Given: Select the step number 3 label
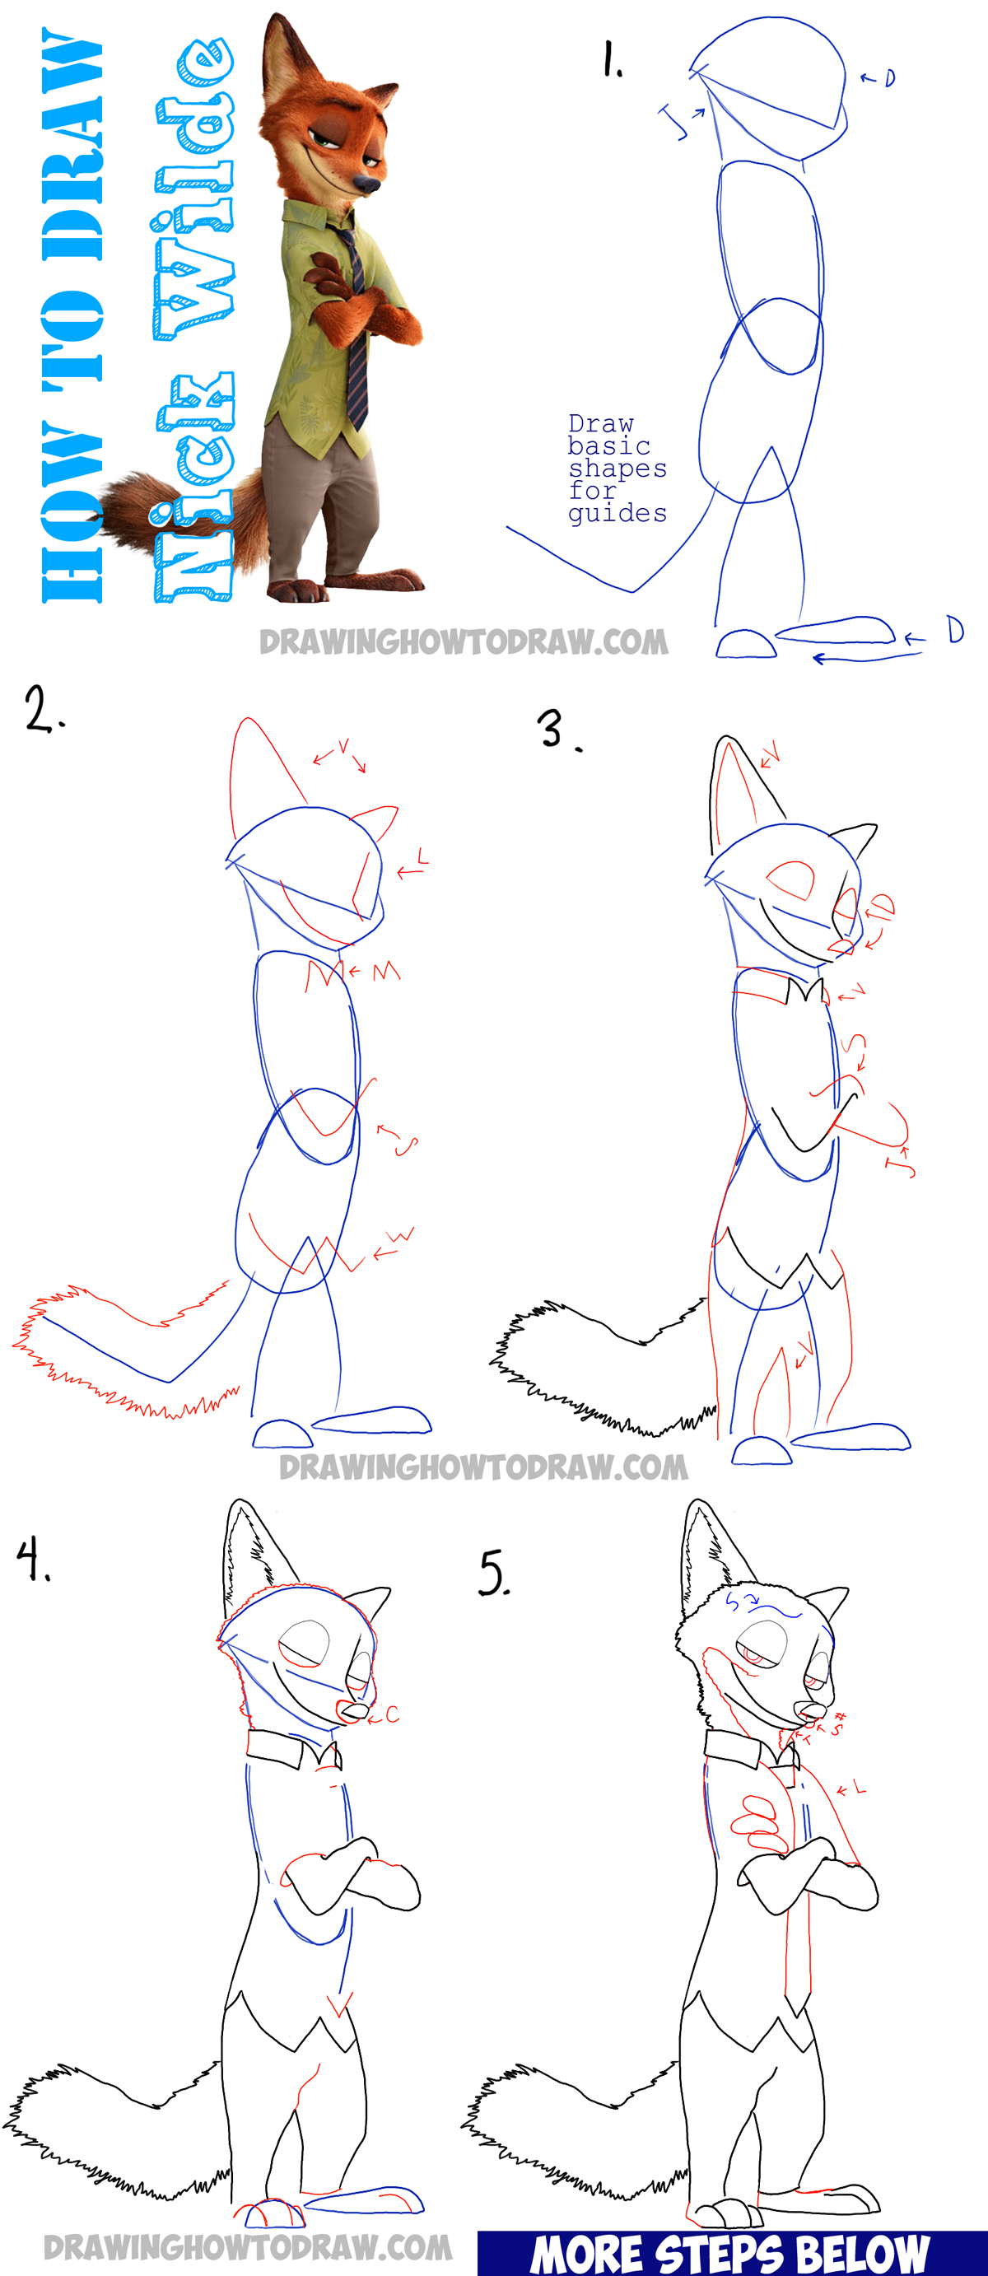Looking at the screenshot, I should point(557,730).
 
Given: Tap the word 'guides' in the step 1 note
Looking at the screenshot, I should point(617,513).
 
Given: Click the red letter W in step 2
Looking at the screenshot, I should point(402,1236).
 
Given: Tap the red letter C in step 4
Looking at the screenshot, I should point(391,1715).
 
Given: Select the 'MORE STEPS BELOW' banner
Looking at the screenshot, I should point(732,2252).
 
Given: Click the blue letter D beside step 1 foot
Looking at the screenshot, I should point(955,630).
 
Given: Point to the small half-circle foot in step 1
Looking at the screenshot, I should point(745,645).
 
